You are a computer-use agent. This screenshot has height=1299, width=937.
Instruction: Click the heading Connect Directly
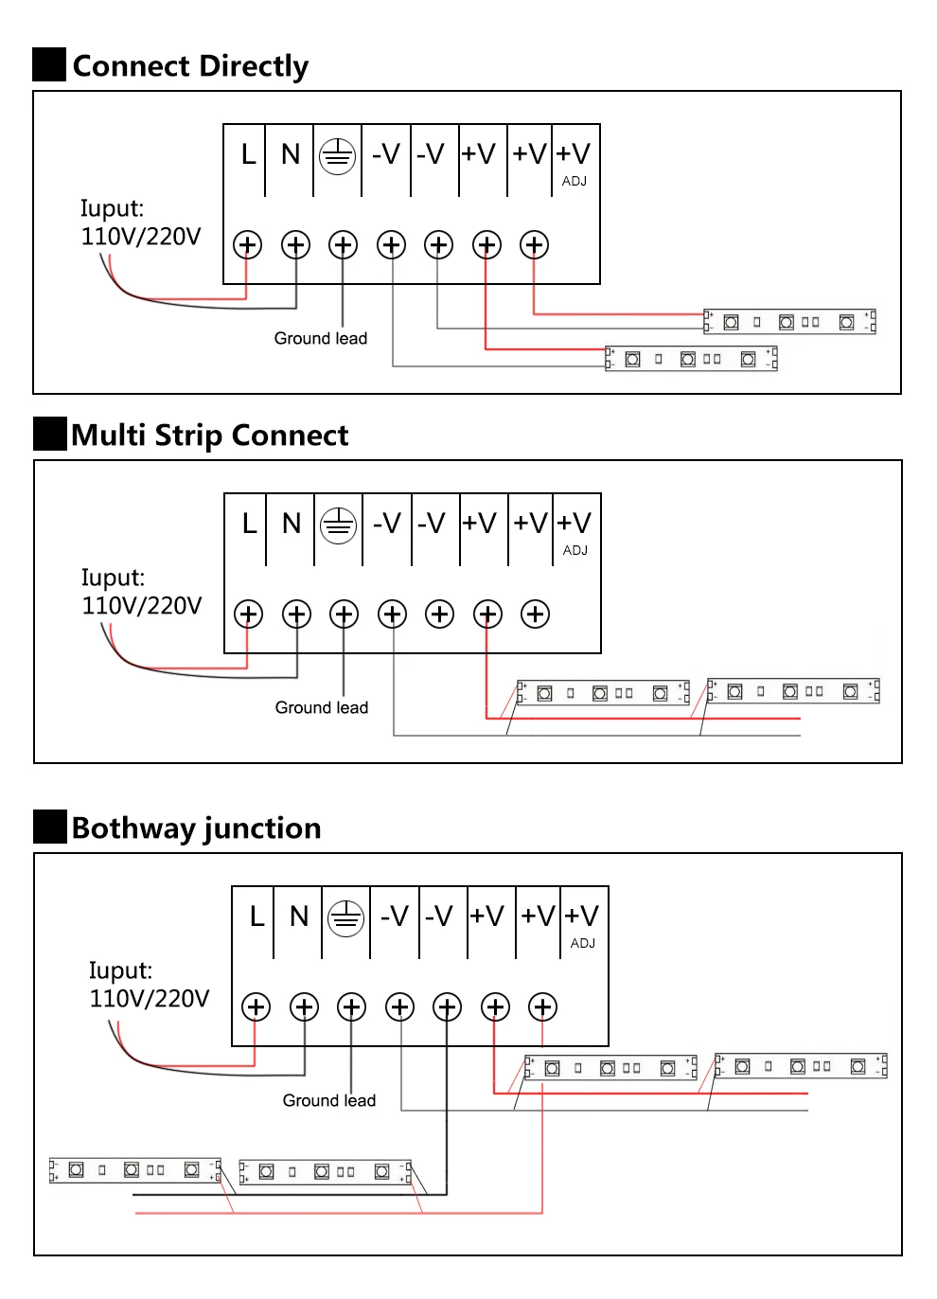[x=190, y=66]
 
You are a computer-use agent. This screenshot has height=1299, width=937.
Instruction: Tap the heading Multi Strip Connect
[x=209, y=436]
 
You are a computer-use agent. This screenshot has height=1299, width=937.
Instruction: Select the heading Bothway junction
[x=196, y=828]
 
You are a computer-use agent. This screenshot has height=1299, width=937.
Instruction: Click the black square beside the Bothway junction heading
[x=50, y=827]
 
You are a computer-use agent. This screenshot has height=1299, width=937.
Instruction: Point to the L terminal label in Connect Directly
[x=248, y=154]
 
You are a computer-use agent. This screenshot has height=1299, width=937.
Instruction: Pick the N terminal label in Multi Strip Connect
[x=292, y=524]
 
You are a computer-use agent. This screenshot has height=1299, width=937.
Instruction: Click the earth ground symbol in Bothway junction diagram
[x=345, y=917]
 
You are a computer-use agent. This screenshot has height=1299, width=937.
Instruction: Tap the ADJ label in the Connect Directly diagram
[x=575, y=181]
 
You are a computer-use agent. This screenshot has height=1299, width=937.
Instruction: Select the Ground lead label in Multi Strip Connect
[x=322, y=707]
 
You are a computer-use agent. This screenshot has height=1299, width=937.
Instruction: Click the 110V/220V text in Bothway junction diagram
[x=150, y=999]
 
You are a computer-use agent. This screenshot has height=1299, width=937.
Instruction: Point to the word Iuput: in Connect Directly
[x=112, y=208]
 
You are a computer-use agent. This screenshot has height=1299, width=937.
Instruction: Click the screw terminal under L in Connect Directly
[x=247, y=245]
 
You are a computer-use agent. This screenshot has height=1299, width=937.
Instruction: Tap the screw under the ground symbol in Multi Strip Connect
[x=344, y=614]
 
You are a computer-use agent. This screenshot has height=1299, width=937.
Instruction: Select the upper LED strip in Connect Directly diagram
[x=789, y=322]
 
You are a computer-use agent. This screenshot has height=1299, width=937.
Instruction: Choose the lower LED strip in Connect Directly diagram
[x=691, y=359]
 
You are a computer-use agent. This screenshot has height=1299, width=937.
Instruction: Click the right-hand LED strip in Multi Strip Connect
[x=793, y=691]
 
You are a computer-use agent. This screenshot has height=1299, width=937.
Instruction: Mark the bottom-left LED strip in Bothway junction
[x=134, y=1170]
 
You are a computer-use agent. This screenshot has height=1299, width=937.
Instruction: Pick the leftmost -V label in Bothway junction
[x=395, y=916]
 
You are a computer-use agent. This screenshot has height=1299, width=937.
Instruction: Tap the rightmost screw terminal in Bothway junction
[x=542, y=1007]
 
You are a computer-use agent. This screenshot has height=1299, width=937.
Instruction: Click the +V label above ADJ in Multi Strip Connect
[x=575, y=524]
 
